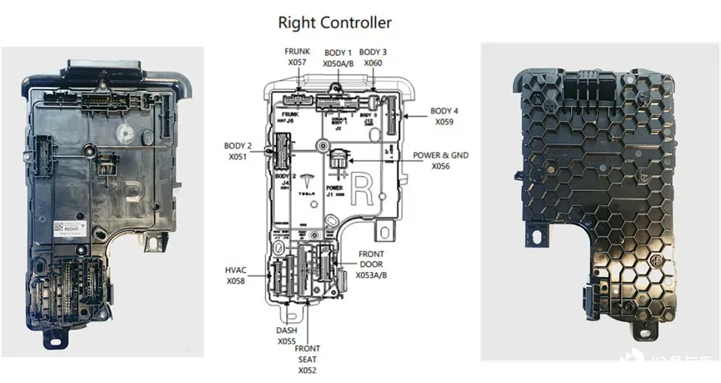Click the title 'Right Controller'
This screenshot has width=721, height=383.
334,22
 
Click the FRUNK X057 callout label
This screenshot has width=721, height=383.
297,57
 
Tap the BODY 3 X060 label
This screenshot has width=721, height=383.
373,57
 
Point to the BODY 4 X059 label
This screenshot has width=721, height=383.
443,116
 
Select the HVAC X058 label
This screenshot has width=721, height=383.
237,276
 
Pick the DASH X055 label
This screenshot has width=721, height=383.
287,335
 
